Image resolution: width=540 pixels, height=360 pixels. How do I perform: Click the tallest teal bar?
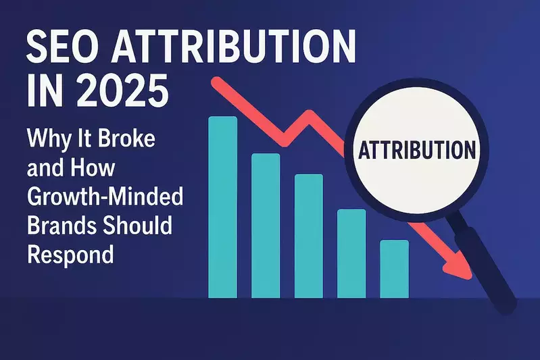[223, 206]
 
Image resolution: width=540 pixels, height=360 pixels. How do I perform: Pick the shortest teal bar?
[394, 268]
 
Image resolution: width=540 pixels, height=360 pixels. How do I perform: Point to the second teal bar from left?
[266, 225]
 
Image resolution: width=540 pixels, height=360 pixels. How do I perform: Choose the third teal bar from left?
[309, 235]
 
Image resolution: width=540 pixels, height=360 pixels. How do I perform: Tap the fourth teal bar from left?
[351, 253]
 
